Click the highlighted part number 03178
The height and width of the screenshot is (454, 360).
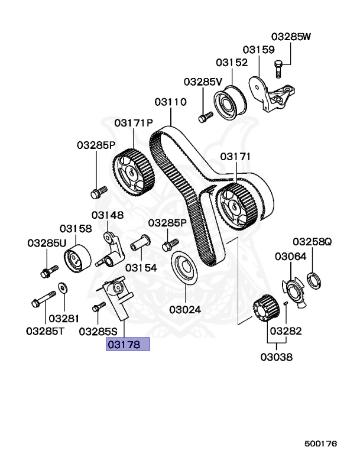click(x=128, y=344)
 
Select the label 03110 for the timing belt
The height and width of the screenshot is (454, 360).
click(x=171, y=102)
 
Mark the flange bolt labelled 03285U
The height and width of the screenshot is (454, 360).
click(x=47, y=272)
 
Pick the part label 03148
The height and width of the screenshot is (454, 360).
click(x=107, y=216)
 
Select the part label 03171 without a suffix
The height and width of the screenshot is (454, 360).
click(x=236, y=157)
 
